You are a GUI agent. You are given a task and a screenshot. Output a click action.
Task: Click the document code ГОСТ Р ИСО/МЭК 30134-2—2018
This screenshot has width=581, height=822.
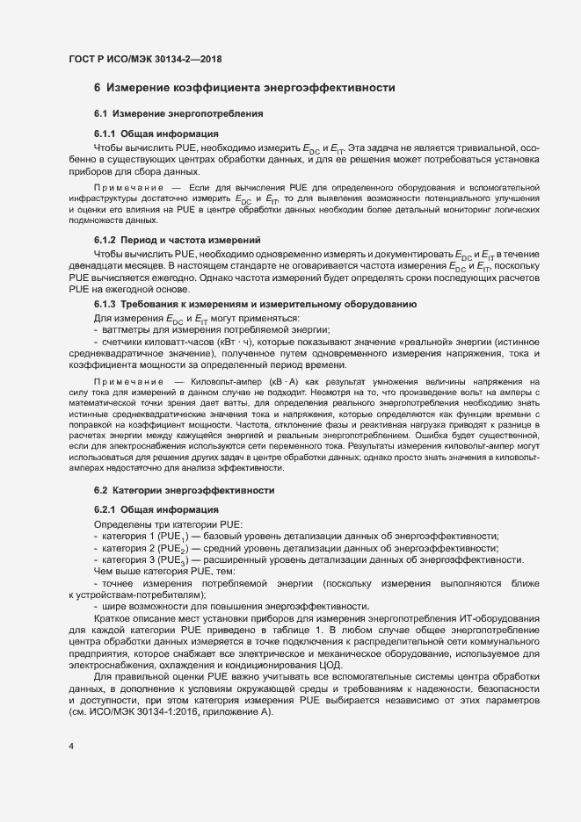[145, 60]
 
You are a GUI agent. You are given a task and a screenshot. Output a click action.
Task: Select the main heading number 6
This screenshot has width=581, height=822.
[98, 88]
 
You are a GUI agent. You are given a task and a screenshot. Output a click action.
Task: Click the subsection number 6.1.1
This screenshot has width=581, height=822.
[105, 133]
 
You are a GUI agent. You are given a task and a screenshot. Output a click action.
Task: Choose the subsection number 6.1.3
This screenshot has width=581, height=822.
[105, 304]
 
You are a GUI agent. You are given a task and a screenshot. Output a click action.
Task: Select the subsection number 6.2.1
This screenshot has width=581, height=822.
[105, 509]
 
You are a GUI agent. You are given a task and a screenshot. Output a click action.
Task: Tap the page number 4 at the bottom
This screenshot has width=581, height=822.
[71, 747]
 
